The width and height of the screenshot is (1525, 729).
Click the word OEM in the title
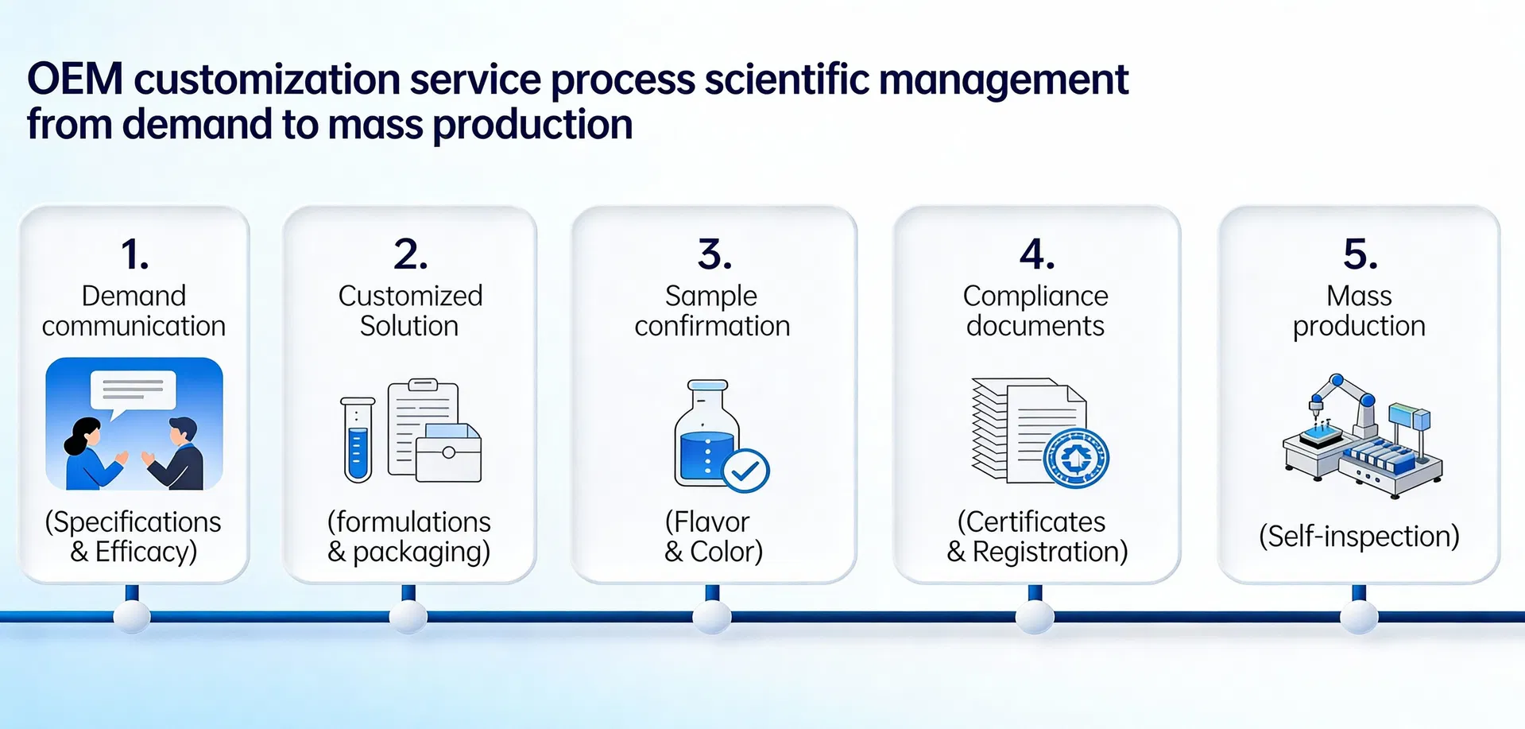pyautogui.click(x=75, y=79)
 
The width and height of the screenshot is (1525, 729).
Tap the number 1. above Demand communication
pyautogui.click(x=134, y=255)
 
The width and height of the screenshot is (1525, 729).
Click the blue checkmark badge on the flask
pyautogui.click(x=745, y=471)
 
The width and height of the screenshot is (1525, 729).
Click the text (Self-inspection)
pyautogui.click(x=1359, y=537)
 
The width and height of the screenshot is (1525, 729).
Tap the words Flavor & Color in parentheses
pyautogui.click(x=713, y=537)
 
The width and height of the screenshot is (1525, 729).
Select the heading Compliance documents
pyautogui.click(x=1035, y=311)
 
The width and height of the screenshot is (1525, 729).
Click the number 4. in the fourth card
pyautogui.click(x=1037, y=255)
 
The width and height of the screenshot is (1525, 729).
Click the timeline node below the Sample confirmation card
pyautogui.click(x=712, y=617)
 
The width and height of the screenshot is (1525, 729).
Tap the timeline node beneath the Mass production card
pyautogui.click(x=1359, y=617)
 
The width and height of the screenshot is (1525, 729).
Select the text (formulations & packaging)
pyautogui.click(x=409, y=537)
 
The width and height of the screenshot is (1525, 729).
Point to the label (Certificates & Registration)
pyautogui.click(x=1036, y=537)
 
